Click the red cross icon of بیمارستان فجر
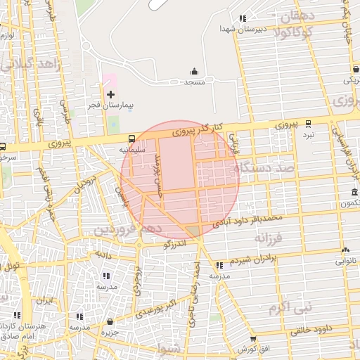tap(110, 94)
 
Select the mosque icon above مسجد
tap(194, 71)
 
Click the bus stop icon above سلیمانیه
tap(131, 139)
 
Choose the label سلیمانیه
tap(131, 149)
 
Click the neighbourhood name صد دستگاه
tap(270, 167)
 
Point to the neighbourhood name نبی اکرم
tap(286, 307)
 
